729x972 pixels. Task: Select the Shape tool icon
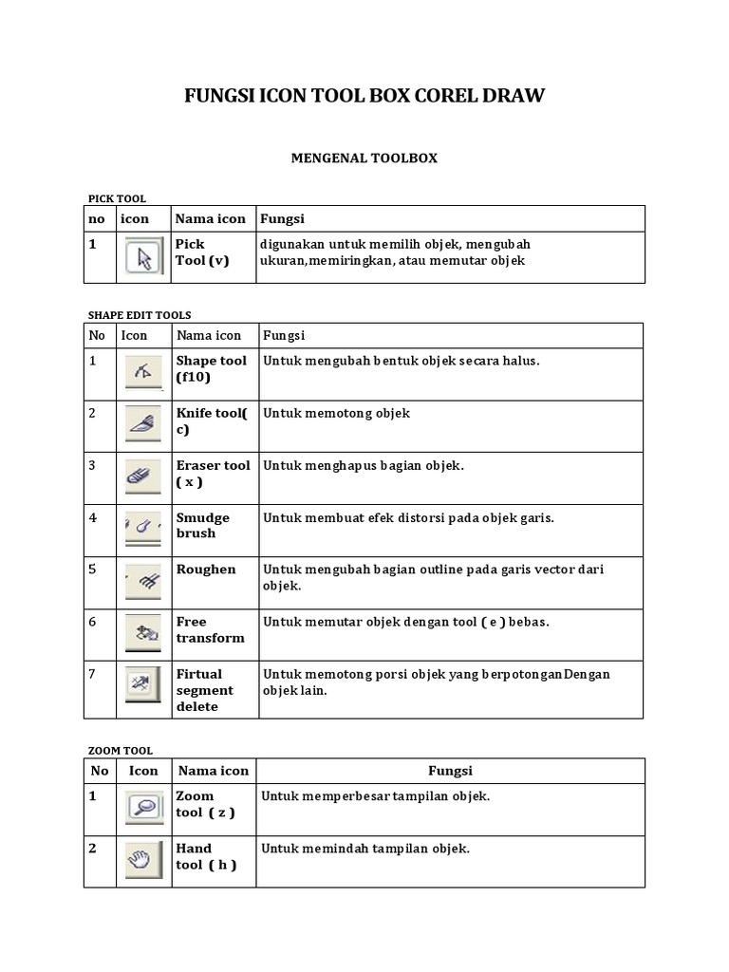(144, 373)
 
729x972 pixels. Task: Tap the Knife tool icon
(144, 423)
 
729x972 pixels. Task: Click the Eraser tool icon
(144, 476)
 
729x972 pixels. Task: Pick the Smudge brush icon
(144, 528)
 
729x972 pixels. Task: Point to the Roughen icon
(144, 581)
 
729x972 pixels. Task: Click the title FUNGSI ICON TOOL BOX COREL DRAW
(364, 97)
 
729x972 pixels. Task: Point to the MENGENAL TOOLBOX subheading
(364, 159)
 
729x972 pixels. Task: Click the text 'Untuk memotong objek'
(336, 414)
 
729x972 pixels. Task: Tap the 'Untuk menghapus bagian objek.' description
(364, 465)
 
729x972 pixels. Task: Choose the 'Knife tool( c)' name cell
(211, 421)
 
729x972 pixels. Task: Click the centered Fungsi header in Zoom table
(450, 771)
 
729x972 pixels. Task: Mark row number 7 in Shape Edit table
(93, 674)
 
